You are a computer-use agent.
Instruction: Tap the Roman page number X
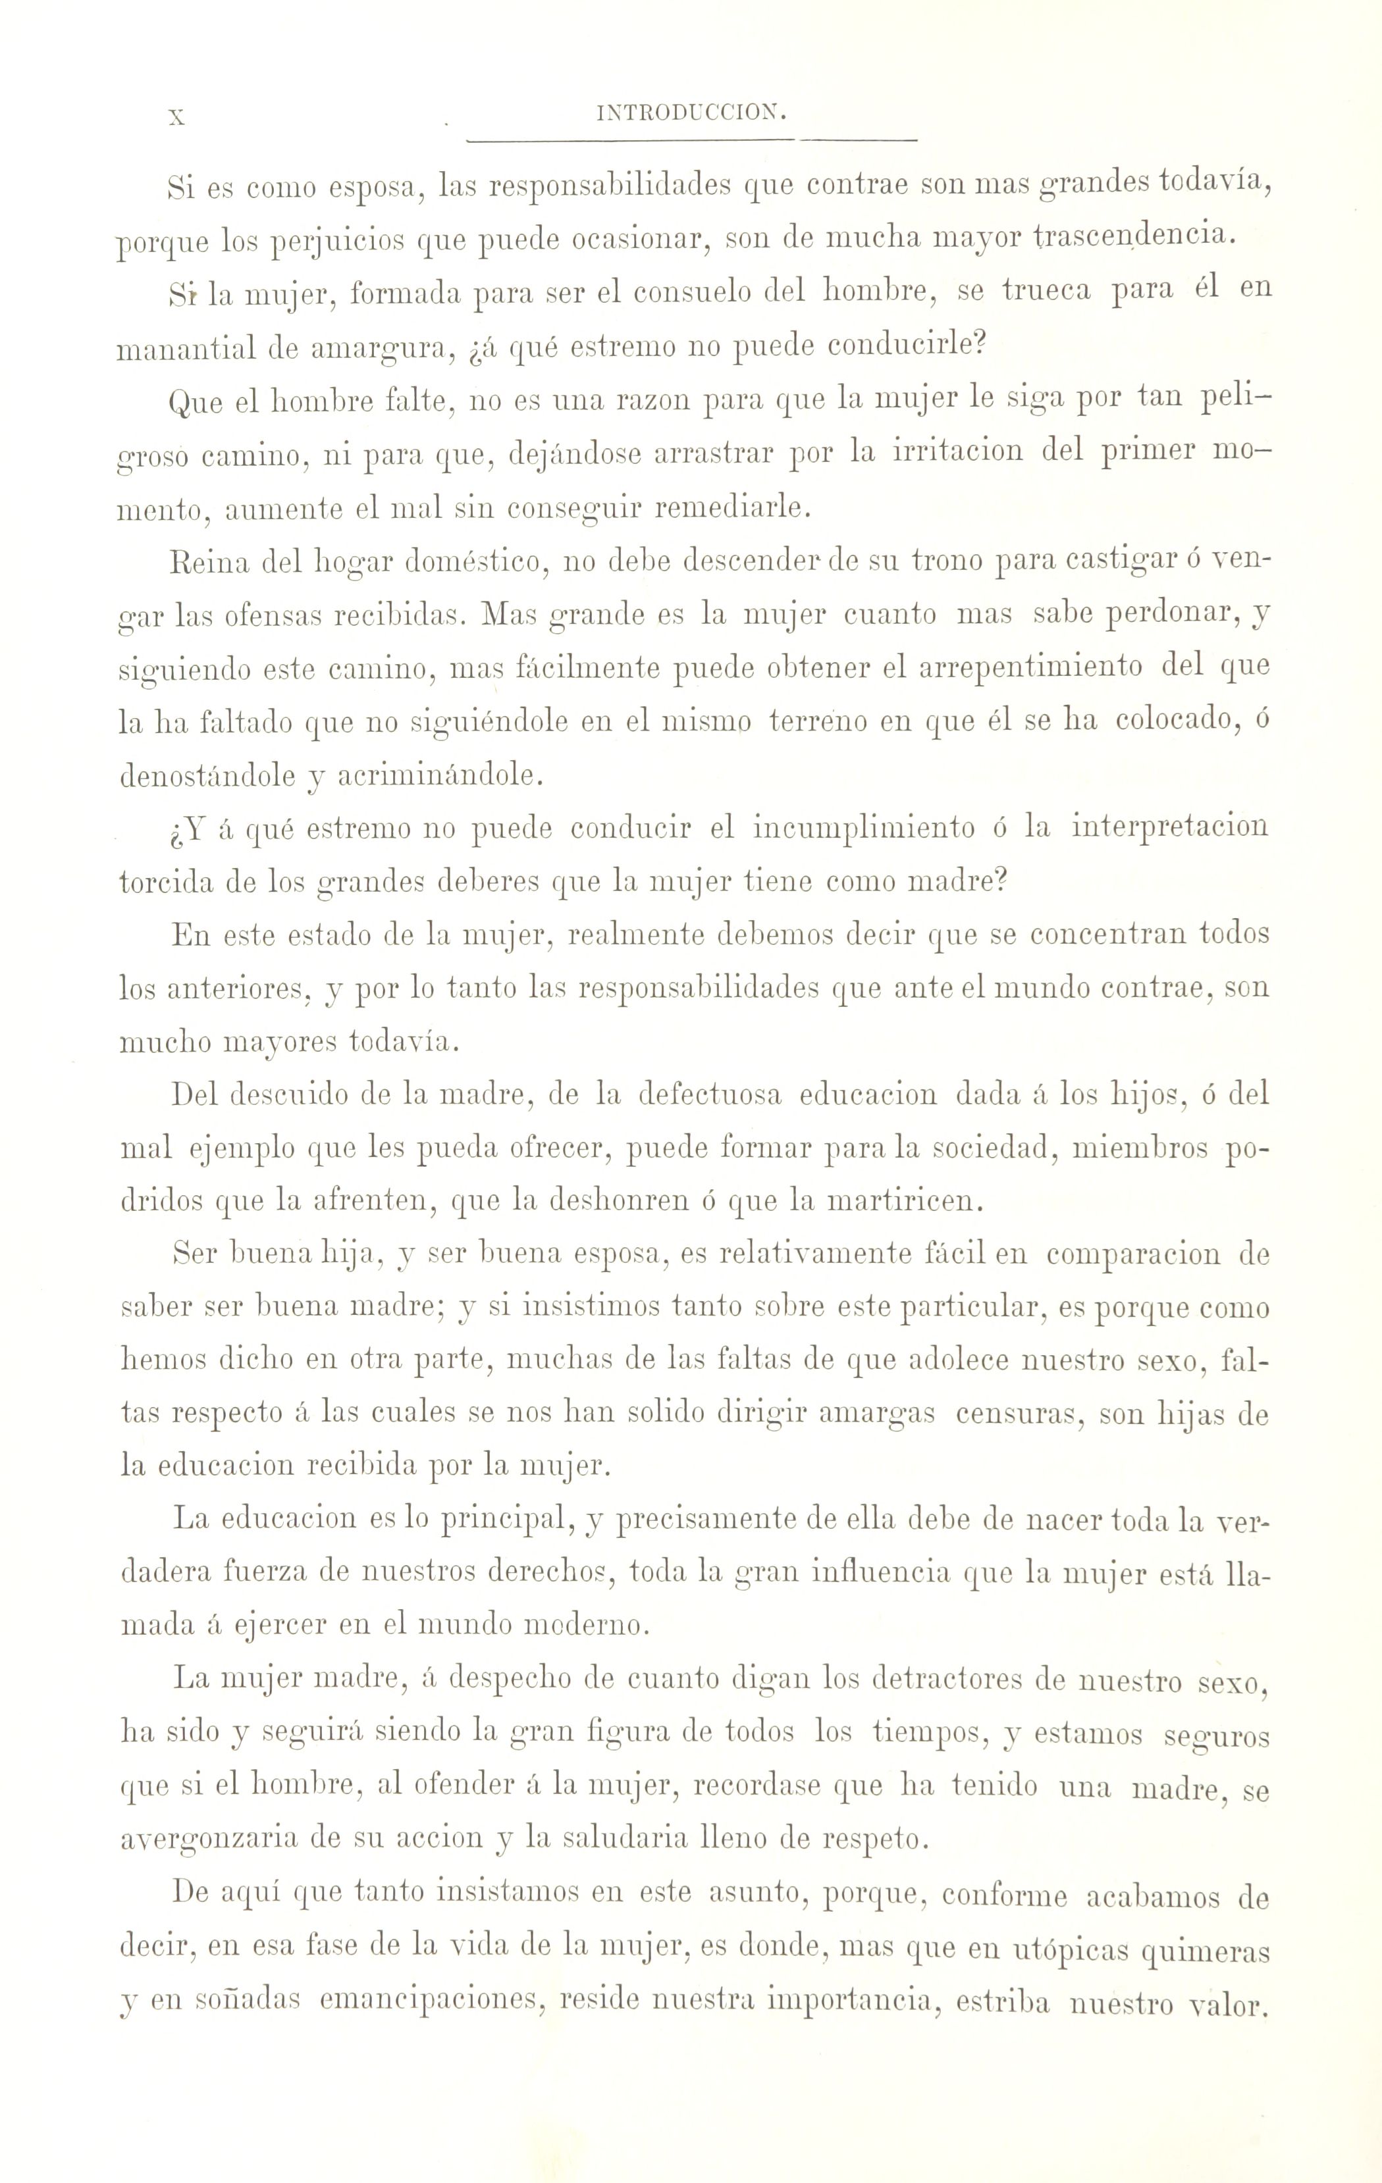click(178, 116)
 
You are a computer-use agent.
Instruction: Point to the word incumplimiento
click(865, 829)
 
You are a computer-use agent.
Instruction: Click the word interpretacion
click(1170, 829)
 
